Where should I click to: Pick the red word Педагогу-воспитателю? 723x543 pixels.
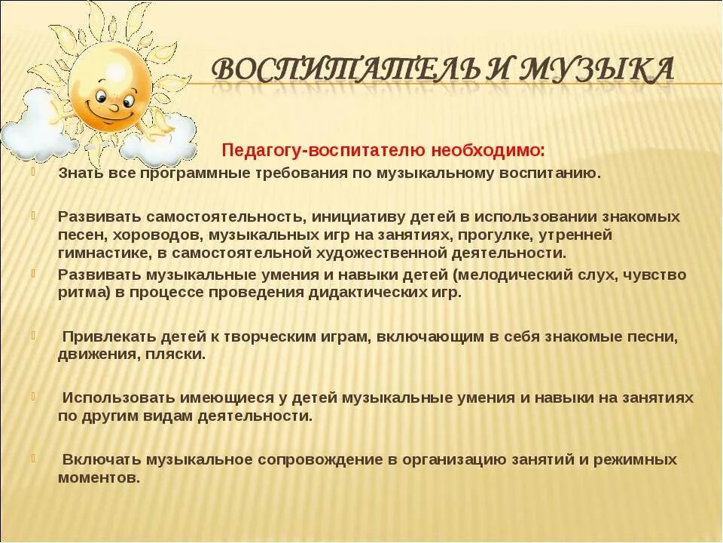[x=326, y=151]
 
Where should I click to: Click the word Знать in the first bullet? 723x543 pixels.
[x=76, y=173]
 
